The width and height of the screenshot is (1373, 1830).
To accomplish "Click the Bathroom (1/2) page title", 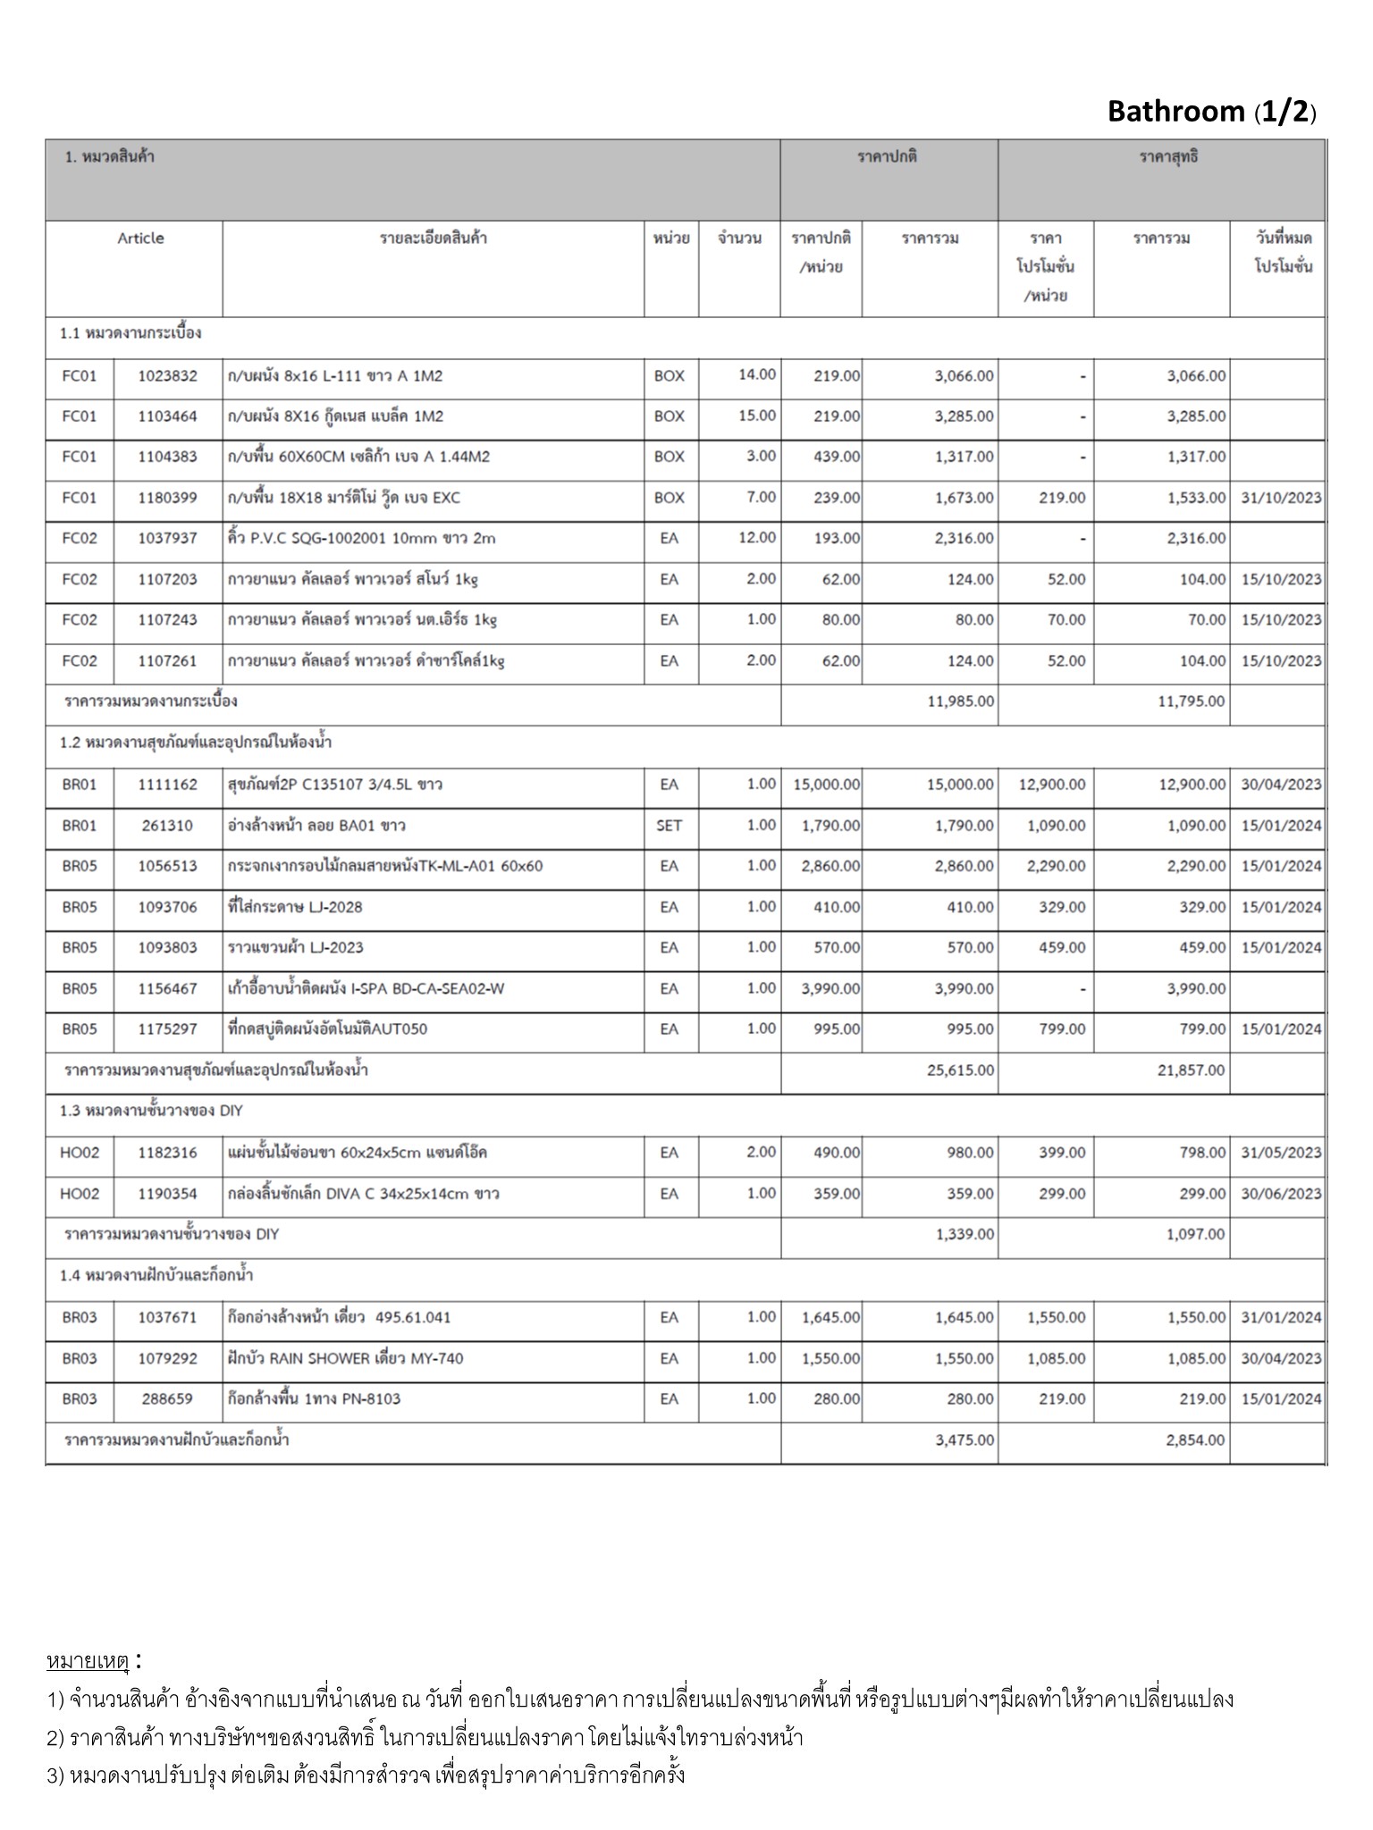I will (1211, 112).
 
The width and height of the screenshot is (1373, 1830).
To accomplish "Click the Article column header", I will (140, 239).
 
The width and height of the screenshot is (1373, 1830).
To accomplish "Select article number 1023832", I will (167, 376).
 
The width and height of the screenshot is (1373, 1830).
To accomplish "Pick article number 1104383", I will (167, 457).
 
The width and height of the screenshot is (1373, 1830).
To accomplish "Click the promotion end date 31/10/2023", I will (1280, 498).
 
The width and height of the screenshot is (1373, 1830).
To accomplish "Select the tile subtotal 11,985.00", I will (960, 701).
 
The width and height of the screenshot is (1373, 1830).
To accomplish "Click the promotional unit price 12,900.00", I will (1052, 785).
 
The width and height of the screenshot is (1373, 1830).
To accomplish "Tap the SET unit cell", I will (669, 826).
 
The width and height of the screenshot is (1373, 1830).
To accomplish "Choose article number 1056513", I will (167, 866).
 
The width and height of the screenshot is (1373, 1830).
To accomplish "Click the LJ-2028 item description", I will (295, 907).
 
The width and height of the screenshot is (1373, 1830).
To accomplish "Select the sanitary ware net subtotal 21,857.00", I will (1191, 1070).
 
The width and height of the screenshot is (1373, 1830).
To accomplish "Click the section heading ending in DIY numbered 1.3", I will (151, 1111).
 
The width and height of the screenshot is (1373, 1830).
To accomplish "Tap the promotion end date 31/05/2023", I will (1280, 1153).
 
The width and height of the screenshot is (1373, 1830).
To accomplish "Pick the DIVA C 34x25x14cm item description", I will (364, 1194).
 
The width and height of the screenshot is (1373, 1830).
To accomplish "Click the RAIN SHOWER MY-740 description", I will (346, 1358).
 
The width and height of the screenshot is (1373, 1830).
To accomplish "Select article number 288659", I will (167, 1398).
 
